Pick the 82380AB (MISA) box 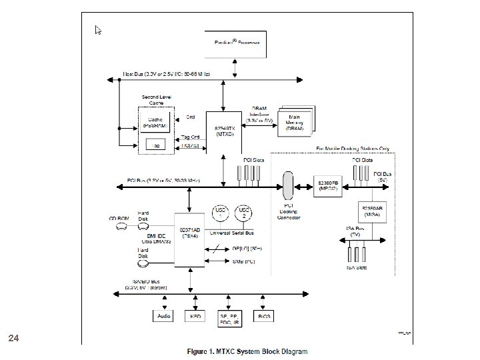point(374,211)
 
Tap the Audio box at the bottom point(164,316)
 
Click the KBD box point(195,316)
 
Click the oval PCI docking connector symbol point(289,185)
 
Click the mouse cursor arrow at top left point(98,30)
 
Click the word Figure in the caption point(199,351)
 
